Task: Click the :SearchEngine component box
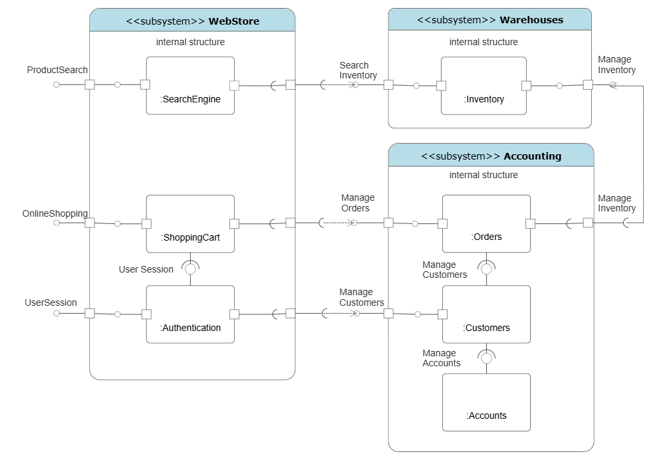[x=190, y=86]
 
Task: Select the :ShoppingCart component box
[x=190, y=224]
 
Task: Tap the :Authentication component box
[x=190, y=314]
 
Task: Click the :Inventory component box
[x=483, y=86]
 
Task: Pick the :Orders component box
[x=486, y=223]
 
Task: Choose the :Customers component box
[x=486, y=314]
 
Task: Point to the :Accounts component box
[x=486, y=402]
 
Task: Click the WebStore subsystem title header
[x=192, y=21]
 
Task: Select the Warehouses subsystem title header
[x=489, y=20]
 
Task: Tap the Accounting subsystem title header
[x=491, y=156]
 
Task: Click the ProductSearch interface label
[x=57, y=70]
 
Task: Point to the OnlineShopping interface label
[x=55, y=213]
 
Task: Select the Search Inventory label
[x=358, y=70]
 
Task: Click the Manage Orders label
[x=358, y=203]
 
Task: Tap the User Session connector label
[x=146, y=269]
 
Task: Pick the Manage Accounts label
[x=441, y=358]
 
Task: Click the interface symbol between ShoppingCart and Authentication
[x=191, y=269]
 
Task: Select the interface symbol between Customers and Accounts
[x=486, y=358]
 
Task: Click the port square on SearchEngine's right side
[x=234, y=85]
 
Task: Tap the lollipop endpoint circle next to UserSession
[x=57, y=313]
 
